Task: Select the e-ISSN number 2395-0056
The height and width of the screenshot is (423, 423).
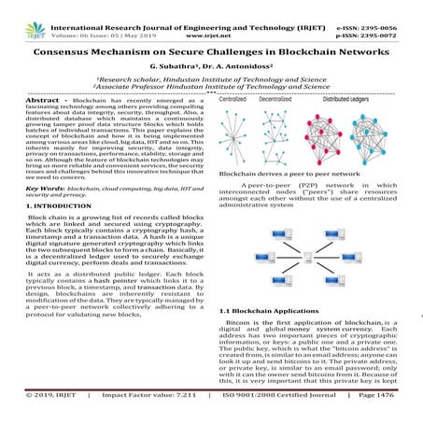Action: click(x=389, y=7)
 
